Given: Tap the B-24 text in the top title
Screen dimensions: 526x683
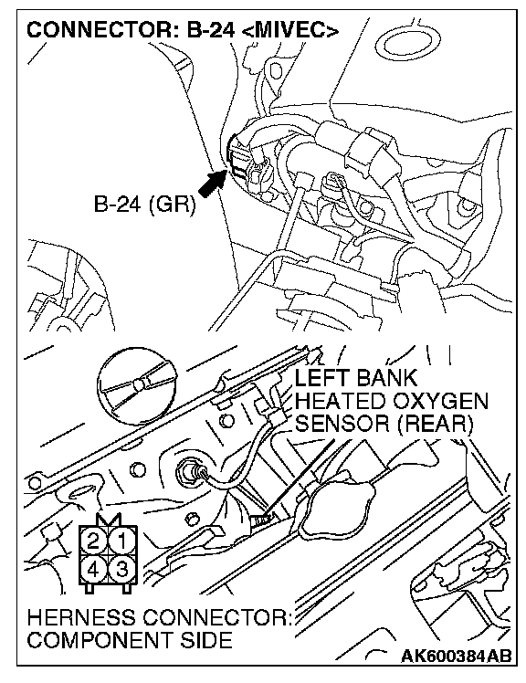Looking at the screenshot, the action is point(211,30).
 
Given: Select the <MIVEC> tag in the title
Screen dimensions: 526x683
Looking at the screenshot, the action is point(290,30).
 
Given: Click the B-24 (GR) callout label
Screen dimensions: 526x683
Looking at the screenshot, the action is point(144,204).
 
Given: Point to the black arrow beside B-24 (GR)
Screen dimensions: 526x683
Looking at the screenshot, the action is point(213,183).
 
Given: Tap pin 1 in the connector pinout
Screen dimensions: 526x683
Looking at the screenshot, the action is point(122,541).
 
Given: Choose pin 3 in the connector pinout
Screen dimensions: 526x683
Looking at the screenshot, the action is point(122,569).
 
